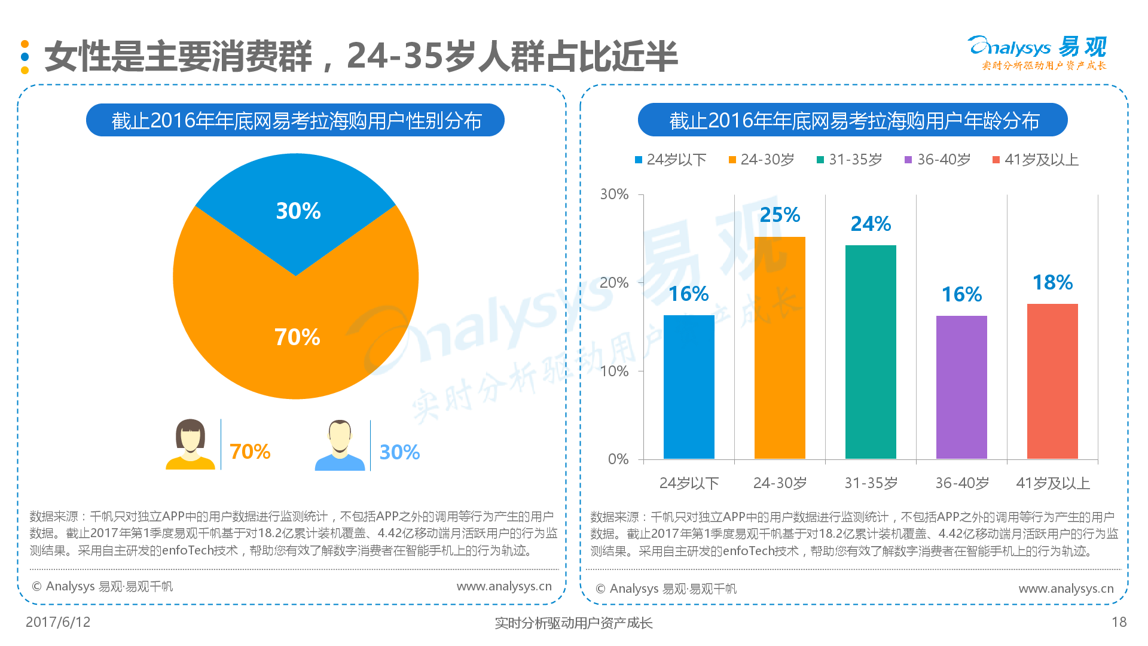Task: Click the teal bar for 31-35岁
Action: tap(871, 352)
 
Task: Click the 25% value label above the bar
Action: tap(780, 215)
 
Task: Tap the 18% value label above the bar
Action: tap(1052, 282)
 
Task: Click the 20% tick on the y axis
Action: tap(614, 282)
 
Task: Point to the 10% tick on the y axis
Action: tap(614, 371)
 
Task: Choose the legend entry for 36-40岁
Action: tap(938, 160)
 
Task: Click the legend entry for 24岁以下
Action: tap(670, 160)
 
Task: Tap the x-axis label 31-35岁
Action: tap(871, 483)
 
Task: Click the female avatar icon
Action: tap(191, 444)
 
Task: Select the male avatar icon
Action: tap(340, 445)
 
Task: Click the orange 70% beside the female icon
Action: tap(250, 452)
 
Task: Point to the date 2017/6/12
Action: tap(58, 622)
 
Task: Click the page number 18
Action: tap(1119, 622)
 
